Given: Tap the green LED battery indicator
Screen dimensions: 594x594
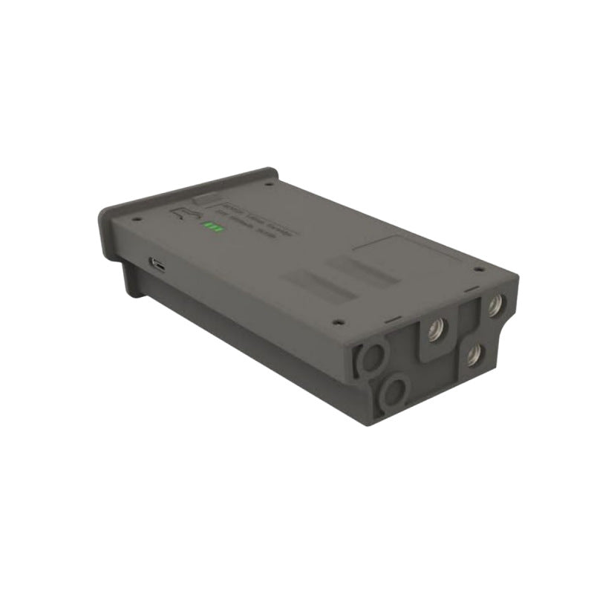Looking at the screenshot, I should click(214, 226).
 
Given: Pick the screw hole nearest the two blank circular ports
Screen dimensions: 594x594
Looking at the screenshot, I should click(339, 322).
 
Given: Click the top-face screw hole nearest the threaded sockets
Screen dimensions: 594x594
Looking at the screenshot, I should click(479, 269).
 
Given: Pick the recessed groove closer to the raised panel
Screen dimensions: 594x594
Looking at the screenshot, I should click(364, 267).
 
